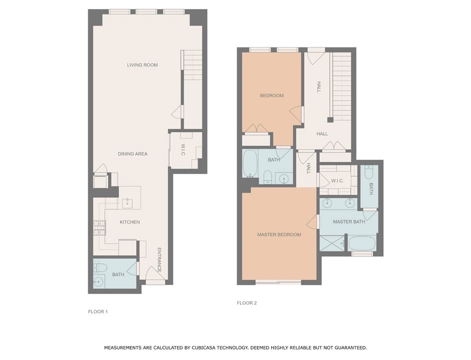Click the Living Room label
point(142,65)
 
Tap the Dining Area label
point(133,154)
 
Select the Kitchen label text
point(130,222)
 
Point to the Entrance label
point(159,260)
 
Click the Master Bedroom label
point(279,235)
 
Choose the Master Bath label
point(349,222)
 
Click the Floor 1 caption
point(98,312)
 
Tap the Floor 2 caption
point(247,303)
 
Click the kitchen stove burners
point(100,228)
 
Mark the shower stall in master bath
point(333,243)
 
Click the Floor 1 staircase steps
point(192,65)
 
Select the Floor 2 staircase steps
point(342,87)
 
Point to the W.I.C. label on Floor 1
point(183,151)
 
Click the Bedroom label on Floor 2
point(272,96)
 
